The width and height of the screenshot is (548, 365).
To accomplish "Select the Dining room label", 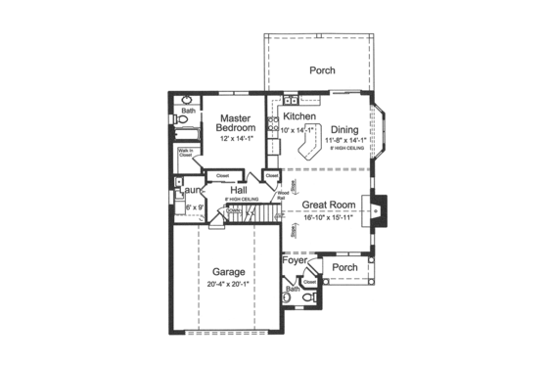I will pos(343,129).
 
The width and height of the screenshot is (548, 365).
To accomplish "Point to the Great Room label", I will pos(327,205).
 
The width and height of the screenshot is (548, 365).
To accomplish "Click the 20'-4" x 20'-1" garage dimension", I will pos(228,285).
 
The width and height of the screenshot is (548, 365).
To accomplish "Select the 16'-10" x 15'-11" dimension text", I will pos(327,216).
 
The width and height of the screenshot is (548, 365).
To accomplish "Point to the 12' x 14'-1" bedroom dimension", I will pos(235,139).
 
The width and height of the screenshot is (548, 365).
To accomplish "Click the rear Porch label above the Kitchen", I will pos(322,70).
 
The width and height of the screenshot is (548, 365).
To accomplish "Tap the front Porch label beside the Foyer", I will pos(343,267).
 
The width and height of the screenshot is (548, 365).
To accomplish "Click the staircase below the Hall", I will pos(245,210).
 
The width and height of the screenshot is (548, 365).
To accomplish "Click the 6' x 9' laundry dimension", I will pos(193,207).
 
